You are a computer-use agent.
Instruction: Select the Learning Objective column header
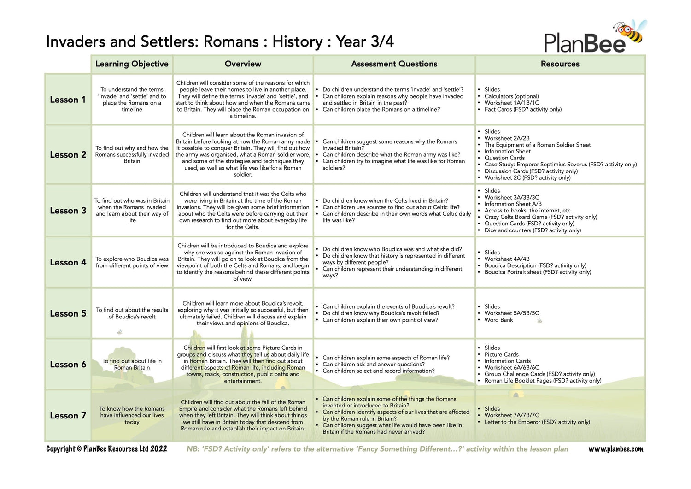pos(132,64)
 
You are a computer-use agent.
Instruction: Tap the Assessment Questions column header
pos(394,64)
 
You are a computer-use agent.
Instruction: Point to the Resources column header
pos(560,64)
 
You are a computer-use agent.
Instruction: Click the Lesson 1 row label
pos(68,100)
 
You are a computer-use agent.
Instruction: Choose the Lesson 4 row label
pos(68,262)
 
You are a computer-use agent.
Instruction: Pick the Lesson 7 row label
pos(68,416)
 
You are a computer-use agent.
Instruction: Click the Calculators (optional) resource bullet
pos(511,96)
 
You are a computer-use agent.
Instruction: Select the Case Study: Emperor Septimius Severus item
pos(560,165)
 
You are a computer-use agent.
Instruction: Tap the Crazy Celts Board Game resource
pos(540,217)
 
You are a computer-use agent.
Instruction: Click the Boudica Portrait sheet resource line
pos(538,272)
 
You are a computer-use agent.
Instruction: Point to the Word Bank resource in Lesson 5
pos(498,320)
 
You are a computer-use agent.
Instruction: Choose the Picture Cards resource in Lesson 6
pos(501,354)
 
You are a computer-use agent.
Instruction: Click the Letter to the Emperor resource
pos(537,422)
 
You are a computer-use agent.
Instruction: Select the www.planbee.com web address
pos(615,449)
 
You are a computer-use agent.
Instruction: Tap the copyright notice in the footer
pos(106,449)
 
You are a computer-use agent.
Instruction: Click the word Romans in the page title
pos(231,41)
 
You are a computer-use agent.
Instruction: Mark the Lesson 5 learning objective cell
pos(132,313)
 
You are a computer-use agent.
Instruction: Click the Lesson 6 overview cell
pos(243,364)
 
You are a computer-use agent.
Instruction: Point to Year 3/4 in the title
pos(364,41)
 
